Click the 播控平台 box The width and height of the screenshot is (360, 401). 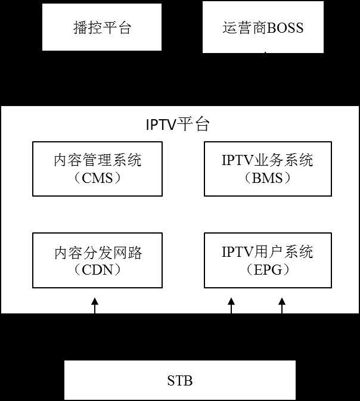[x=102, y=27]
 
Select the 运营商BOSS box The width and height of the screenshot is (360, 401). [x=263, y=27]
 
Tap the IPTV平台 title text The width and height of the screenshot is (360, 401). [x=178, y=125]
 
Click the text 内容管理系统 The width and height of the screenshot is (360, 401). [x=98, y=160]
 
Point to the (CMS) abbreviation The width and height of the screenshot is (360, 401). [x=98, y=178]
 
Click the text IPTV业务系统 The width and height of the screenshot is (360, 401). [x=267, y=160]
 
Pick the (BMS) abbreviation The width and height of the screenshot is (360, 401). [x=267, y=178]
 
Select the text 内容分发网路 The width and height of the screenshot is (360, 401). [x=98, y=252]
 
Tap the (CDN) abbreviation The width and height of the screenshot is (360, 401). [x=98, y=269]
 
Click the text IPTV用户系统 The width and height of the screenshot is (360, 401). [x=267, y=252]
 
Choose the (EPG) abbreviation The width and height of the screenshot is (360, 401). [x=267, y=269]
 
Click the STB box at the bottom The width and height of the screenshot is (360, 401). [x=179, y=380]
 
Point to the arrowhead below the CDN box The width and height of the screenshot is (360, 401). [x=94, y=303]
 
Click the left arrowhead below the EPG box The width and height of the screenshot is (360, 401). [x=231, y=303]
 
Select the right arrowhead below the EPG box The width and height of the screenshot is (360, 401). [x=282, y=303]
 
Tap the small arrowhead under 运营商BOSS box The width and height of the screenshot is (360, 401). [x=265, y=53]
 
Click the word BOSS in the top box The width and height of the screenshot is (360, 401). [x=285, y=28]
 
